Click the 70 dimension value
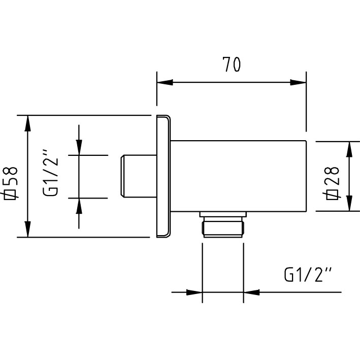pos(232,64)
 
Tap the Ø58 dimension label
pos(10,183)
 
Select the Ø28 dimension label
pos(332,183)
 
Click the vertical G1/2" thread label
pos(50,173)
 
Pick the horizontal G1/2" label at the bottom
pos(308,274)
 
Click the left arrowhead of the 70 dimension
pos(165,82)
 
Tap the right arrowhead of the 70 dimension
pos(298,82)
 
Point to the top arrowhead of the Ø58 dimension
pos(27,123)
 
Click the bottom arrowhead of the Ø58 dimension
pos(27,229)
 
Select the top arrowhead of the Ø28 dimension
pos(349,149)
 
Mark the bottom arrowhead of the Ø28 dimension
pos(349,203)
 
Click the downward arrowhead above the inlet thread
pos(79,147)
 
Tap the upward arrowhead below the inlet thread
pos(79,206)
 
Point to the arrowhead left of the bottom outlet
pos(194,292)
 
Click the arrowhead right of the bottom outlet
pos(251,292)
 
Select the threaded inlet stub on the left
pos(139,176)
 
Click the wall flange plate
pos(163,176)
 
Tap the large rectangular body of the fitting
pos(239,176)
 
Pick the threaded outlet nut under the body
pos(222,227)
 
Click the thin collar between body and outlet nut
pos(223,214)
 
